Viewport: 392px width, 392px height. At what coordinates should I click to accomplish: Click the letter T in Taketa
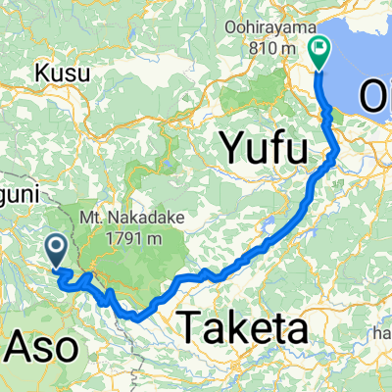pyautogui.click(x=186, y=325)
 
